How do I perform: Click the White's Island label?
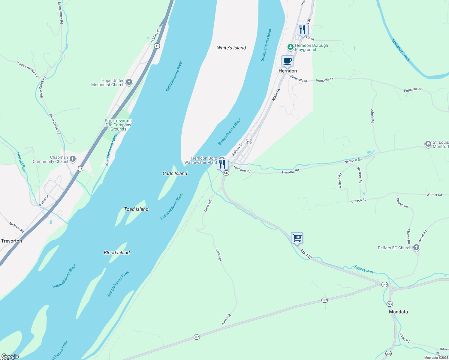231,48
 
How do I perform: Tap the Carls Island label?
175,173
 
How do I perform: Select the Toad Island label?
136,209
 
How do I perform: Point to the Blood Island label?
117,253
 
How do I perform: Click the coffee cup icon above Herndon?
287,61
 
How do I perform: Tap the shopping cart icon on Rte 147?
297,238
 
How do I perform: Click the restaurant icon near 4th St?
303,30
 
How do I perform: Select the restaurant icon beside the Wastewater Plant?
222,164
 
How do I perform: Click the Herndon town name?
288,71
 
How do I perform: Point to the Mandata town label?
398,312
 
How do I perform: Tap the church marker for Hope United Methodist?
129,82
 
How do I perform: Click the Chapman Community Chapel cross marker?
72,159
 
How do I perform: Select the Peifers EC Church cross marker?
416,247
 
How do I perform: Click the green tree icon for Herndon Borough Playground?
290,47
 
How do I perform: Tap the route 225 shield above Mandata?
390,304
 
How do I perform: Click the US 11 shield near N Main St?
157,46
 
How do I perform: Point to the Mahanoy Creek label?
401,50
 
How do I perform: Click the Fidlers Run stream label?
363,269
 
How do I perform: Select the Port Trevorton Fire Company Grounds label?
118,125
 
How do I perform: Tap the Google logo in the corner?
10,356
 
